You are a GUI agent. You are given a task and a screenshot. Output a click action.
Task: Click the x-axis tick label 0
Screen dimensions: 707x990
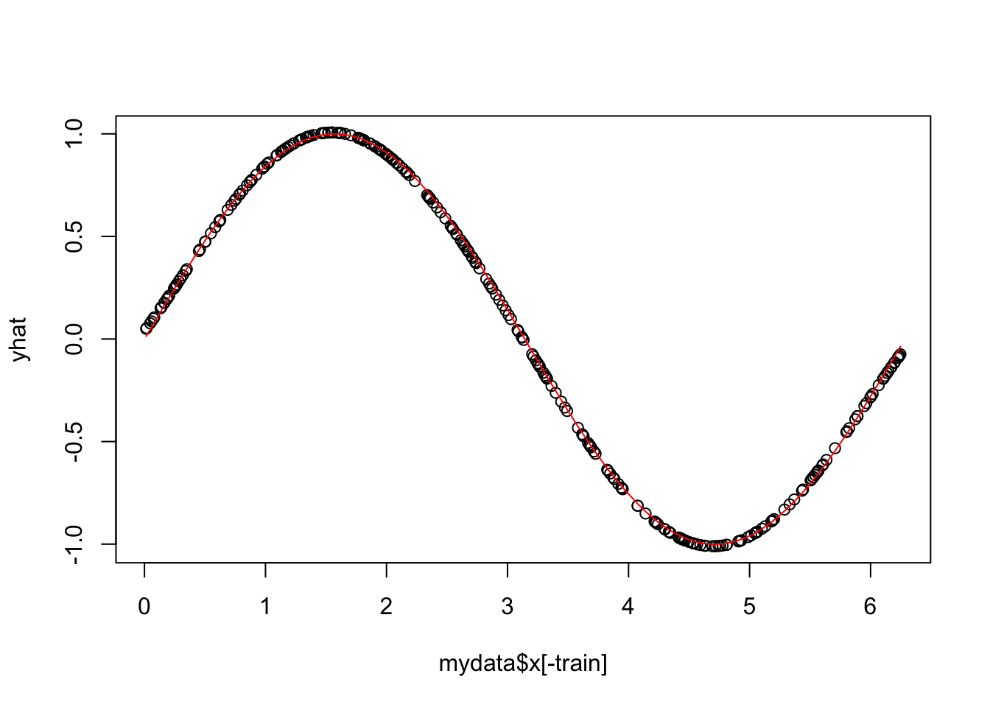click(144, 608)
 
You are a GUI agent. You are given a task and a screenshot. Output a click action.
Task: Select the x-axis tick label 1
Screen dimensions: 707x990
click(265, 608)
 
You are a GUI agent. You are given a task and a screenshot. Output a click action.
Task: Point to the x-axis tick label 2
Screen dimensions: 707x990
click(387, 608)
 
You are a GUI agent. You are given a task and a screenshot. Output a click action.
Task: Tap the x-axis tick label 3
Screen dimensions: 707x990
click(508, 608)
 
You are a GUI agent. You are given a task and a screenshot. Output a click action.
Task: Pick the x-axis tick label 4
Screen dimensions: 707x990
click(628, 608)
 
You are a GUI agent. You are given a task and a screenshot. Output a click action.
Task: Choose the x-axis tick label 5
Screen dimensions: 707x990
click(749, 608)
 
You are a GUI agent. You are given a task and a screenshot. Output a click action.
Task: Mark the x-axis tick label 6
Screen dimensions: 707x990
click(870, 608)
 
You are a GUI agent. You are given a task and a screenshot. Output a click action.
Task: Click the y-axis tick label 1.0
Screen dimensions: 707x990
click(74, 134)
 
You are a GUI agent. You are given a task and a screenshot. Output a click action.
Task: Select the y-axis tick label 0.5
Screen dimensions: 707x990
click(74, 236)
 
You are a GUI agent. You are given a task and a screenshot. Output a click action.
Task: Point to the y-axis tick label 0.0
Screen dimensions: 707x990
click(74, 339)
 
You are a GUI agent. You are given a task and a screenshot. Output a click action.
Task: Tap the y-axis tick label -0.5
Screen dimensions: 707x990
click(74, 441)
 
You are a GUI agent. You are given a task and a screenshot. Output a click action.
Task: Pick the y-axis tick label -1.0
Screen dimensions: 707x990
click(74, 544)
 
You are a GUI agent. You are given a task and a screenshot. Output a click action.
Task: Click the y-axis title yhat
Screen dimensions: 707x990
click(20, 339)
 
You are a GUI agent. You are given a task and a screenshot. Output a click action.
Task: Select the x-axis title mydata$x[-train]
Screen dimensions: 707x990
click(523, 664)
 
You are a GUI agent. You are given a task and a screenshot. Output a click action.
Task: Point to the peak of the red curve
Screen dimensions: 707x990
click(334, 134)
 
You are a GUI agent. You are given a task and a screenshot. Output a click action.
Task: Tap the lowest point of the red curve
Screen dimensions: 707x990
click(715, 544)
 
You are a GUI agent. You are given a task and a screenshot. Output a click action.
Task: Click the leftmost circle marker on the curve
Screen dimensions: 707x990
click(147, 328)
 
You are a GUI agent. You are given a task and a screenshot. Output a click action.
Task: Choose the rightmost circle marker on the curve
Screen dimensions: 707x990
click(900, 354)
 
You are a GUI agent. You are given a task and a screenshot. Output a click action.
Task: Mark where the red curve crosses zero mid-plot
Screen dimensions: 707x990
click(524, 339)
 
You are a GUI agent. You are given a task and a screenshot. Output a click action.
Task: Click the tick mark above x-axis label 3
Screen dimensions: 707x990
click(508, 568)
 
